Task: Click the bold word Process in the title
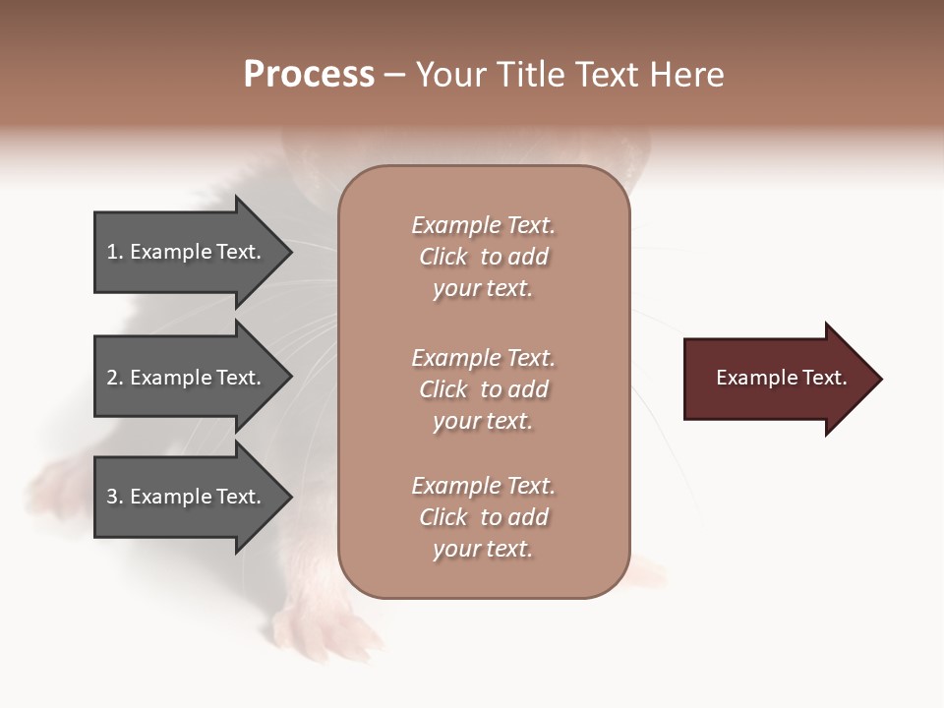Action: pyautogui.click(x=309, y=75)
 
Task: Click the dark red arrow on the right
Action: pyautogui.click(x=777, y=379)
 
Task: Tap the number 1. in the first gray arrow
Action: pyautogui.click(x=115, y=252)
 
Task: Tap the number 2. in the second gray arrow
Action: pyautogui.click(x=115, y=378)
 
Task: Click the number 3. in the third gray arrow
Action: pyautogui.click(x=115, y=497)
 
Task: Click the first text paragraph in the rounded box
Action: pyautogui.click(x=483, y=257)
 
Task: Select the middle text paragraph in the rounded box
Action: pyautogui.click(x=483, y=389)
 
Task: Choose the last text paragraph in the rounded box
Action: pyautogui.click(x=483, y=517)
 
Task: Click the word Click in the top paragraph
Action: pyautogui.click(x=443, y=257)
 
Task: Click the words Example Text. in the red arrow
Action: pyautogui.click(x=781, y=378)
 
